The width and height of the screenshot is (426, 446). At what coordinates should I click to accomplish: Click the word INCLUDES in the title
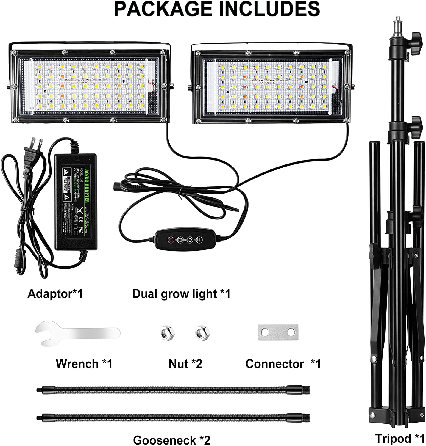tap(269, 9)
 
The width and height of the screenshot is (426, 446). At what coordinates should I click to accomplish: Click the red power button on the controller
tap(171, 239)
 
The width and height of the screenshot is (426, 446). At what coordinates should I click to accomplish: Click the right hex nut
tap(201, 332)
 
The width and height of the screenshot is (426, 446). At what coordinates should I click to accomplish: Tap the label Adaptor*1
tap(55, 294)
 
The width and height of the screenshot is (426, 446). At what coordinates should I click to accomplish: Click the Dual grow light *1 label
tap(181, 294)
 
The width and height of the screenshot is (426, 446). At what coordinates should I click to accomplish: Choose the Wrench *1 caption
tap(84, 364)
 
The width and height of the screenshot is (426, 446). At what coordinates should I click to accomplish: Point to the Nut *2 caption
tap(185, 364)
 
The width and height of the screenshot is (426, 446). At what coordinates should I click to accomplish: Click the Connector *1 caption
tap(283, 364)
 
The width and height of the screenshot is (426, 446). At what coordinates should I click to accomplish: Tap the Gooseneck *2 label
tap(171, 440)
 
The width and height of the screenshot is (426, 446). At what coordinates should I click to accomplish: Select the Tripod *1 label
tap(400, 438)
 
